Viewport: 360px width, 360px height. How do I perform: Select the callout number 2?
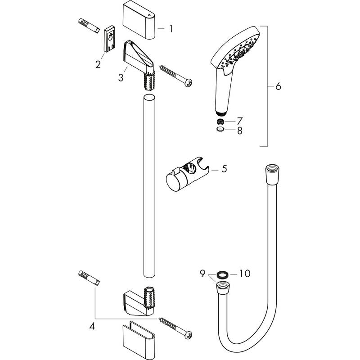pyautogui.click(x=98, y=64)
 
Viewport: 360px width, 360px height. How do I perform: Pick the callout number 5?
pyautogui.click(x=224, y=169)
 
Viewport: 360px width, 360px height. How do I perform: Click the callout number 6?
pyautogui.click(x=278, y=86)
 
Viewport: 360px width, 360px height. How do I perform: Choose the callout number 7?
pyautogui.click(x=239, y=121)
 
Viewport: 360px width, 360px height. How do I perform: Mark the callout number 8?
pyautogui.click(x=239, y=131)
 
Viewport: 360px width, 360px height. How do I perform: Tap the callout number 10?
pyautogui.click(x=245, y=273)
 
